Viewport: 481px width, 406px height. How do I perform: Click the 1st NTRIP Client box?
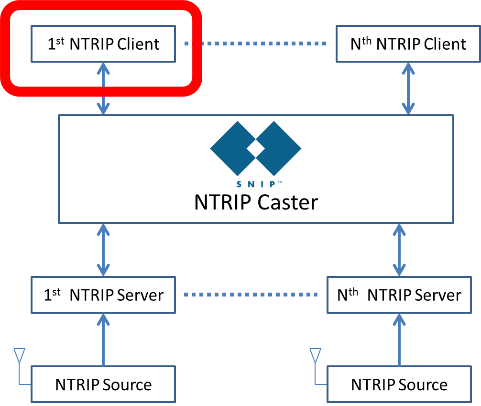[103, 44]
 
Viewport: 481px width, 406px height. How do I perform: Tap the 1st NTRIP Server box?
[103, 295]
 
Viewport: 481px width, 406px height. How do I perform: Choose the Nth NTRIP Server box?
[399, 295]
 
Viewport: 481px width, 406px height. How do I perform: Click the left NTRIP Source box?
[103, 384]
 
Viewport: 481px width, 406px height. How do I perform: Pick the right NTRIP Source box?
[399, 384]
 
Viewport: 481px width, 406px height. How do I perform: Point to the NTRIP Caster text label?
[256, 202]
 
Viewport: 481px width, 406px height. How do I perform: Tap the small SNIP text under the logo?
[256, 184]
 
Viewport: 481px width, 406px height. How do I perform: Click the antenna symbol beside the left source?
[19, 356]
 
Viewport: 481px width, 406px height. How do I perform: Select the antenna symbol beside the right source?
[315, 356]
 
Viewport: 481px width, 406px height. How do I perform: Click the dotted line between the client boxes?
[256, 44]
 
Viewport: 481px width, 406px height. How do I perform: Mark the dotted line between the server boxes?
[251, 295]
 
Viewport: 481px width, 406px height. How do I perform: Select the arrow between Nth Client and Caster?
[408, 88]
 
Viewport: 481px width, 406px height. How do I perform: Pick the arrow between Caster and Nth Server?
[399, 249]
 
